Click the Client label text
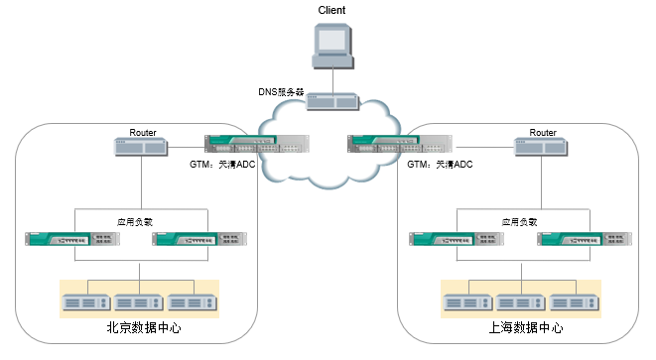click(x=331, y=10)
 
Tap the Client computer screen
click(x=332, y=40)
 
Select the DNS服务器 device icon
click(x=333, y=101)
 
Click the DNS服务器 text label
click(x=281, y=92)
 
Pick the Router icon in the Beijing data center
click(x=141, y=147)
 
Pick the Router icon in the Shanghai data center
click(x=541, y=147)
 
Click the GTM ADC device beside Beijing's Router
click(x=257, y=144)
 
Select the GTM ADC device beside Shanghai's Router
click(x=400, y=144)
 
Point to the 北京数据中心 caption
click(x=144, y=327)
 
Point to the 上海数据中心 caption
click(x=526, y=327)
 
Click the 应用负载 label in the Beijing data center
click(x=135, y=222)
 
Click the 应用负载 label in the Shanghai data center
click(x=519, y=222)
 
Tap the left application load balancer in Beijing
click(x=72, y=239)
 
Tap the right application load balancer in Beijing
click(x=199, y=239)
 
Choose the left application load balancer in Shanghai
click(x=457, y=239)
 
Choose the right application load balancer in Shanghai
click(x=585, y=239)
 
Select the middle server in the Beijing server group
click(x=139, y=302)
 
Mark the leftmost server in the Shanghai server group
click(x=467, y=302)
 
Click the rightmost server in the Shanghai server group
click(x=575, y=302)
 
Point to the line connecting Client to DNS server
click(x=333, y=81)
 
